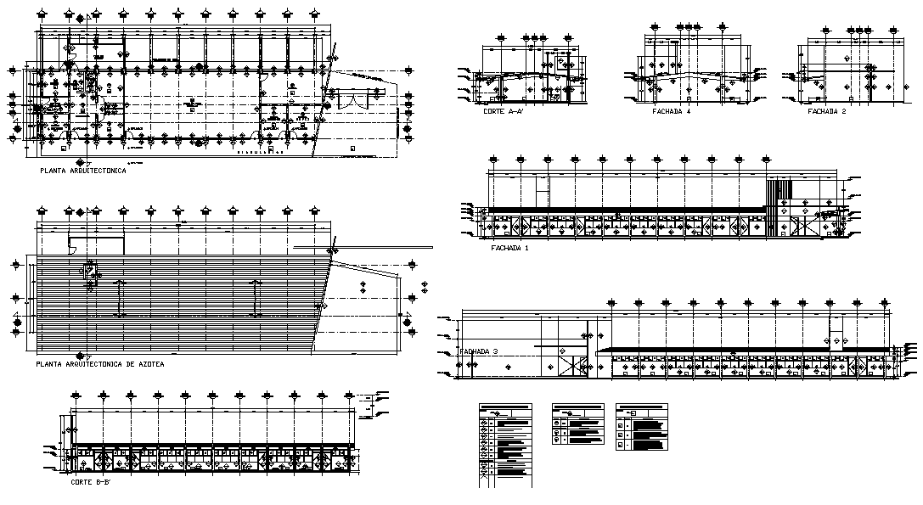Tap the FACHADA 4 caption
(671, 111)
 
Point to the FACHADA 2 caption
(827, 111)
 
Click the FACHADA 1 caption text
(509, 249)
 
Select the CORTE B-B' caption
(90, 481)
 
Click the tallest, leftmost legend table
(505, 445)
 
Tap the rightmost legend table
(641, 427)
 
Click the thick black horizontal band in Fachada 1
(624, 210)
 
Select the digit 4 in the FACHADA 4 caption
(689, 111)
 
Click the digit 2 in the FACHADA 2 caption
(845, 111)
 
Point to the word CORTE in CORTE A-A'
(493, 112)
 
